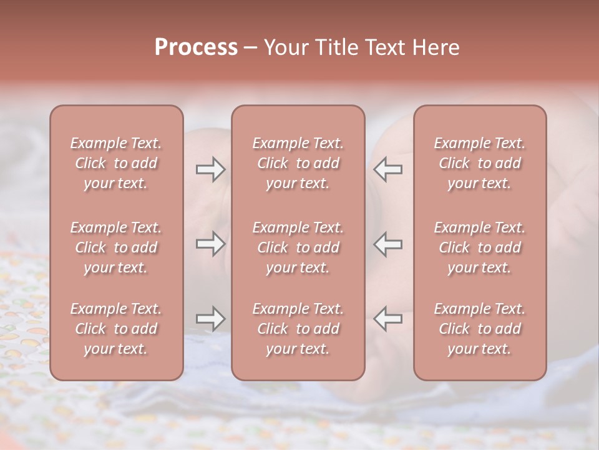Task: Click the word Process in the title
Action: [196, 47]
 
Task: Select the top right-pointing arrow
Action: [211, 169]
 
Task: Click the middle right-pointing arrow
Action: [211, 244]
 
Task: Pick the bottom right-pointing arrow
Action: [211, 319]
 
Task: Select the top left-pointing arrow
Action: [388, 169]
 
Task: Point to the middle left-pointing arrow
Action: [388, 244]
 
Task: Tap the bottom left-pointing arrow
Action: [388, 319]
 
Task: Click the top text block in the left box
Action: [116, 163]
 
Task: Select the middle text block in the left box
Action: [116, 247]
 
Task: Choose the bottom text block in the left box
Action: [116, 329]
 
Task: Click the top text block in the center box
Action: [298, 163]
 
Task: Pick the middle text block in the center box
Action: [298, 247]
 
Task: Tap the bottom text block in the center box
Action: [298, 329]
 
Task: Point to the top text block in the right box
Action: [480, 163]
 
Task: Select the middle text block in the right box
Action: [480, 247]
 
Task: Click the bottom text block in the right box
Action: [480, 329]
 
